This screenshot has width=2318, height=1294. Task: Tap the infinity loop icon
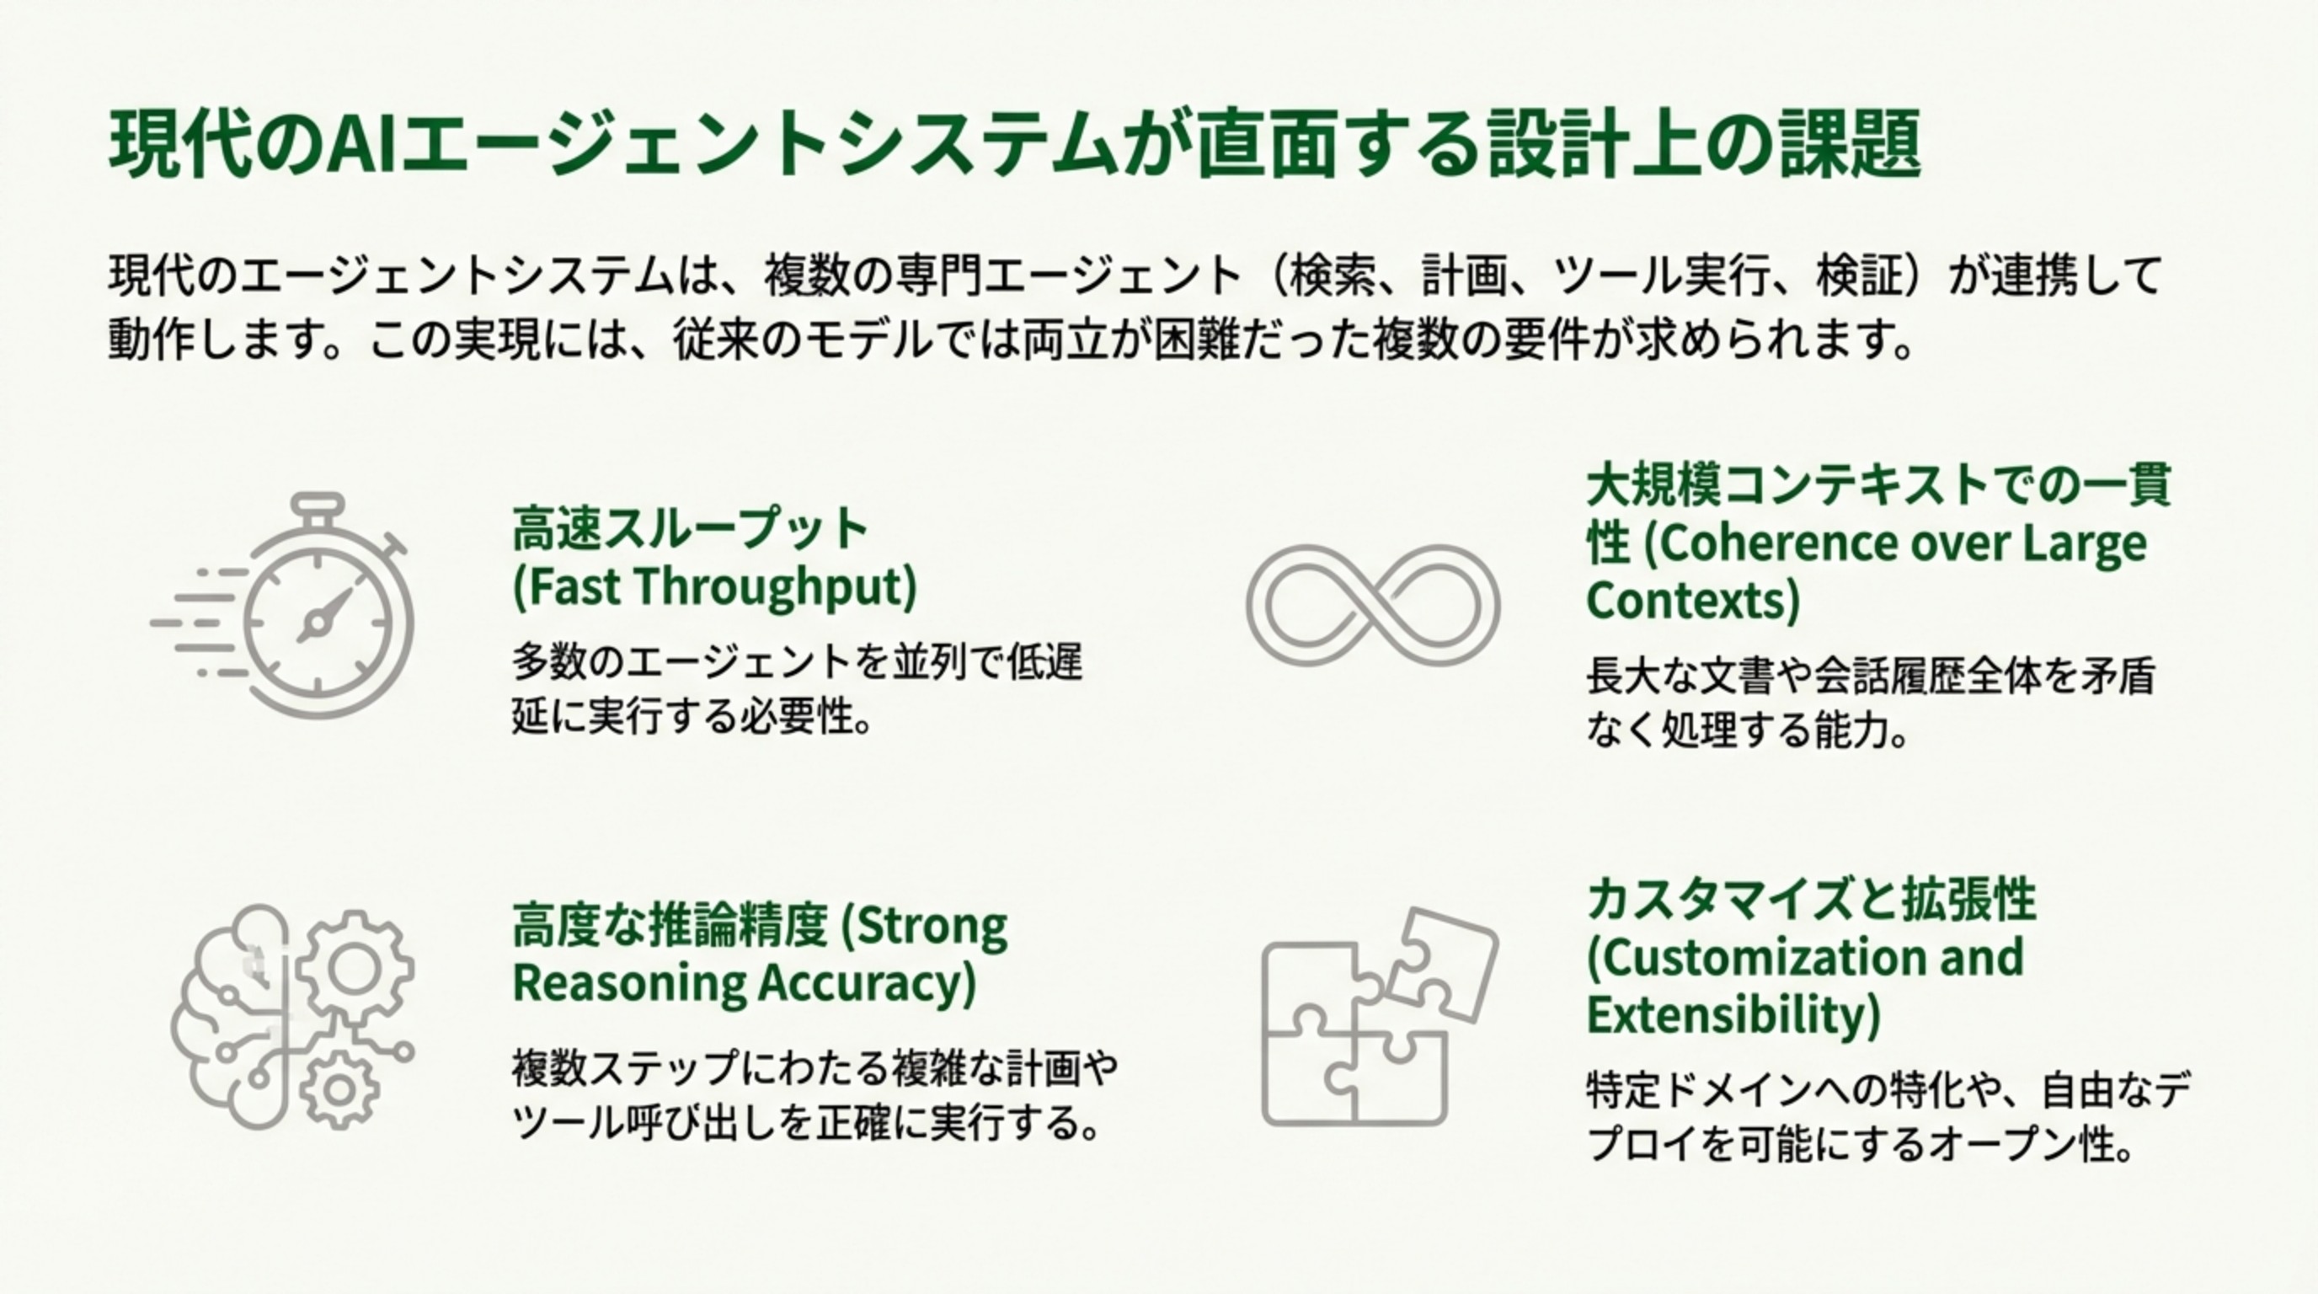pyautogui.click(x=1372, y=604)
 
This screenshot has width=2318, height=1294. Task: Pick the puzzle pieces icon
pyautogui.click(x=1377, y=1017)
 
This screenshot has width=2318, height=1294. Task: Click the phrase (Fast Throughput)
pyautogui.click(x=715, y=586)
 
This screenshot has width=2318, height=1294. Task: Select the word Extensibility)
pyautogui.click(x=1733, y=1015)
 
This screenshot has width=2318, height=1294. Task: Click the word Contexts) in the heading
pyautogui.click(x=1691, y=600)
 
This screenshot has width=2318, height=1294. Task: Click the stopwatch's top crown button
pyautogui.click(x=317, y=503)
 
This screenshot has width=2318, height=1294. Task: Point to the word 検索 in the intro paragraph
pyautogui.click(x=1333, y=275)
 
